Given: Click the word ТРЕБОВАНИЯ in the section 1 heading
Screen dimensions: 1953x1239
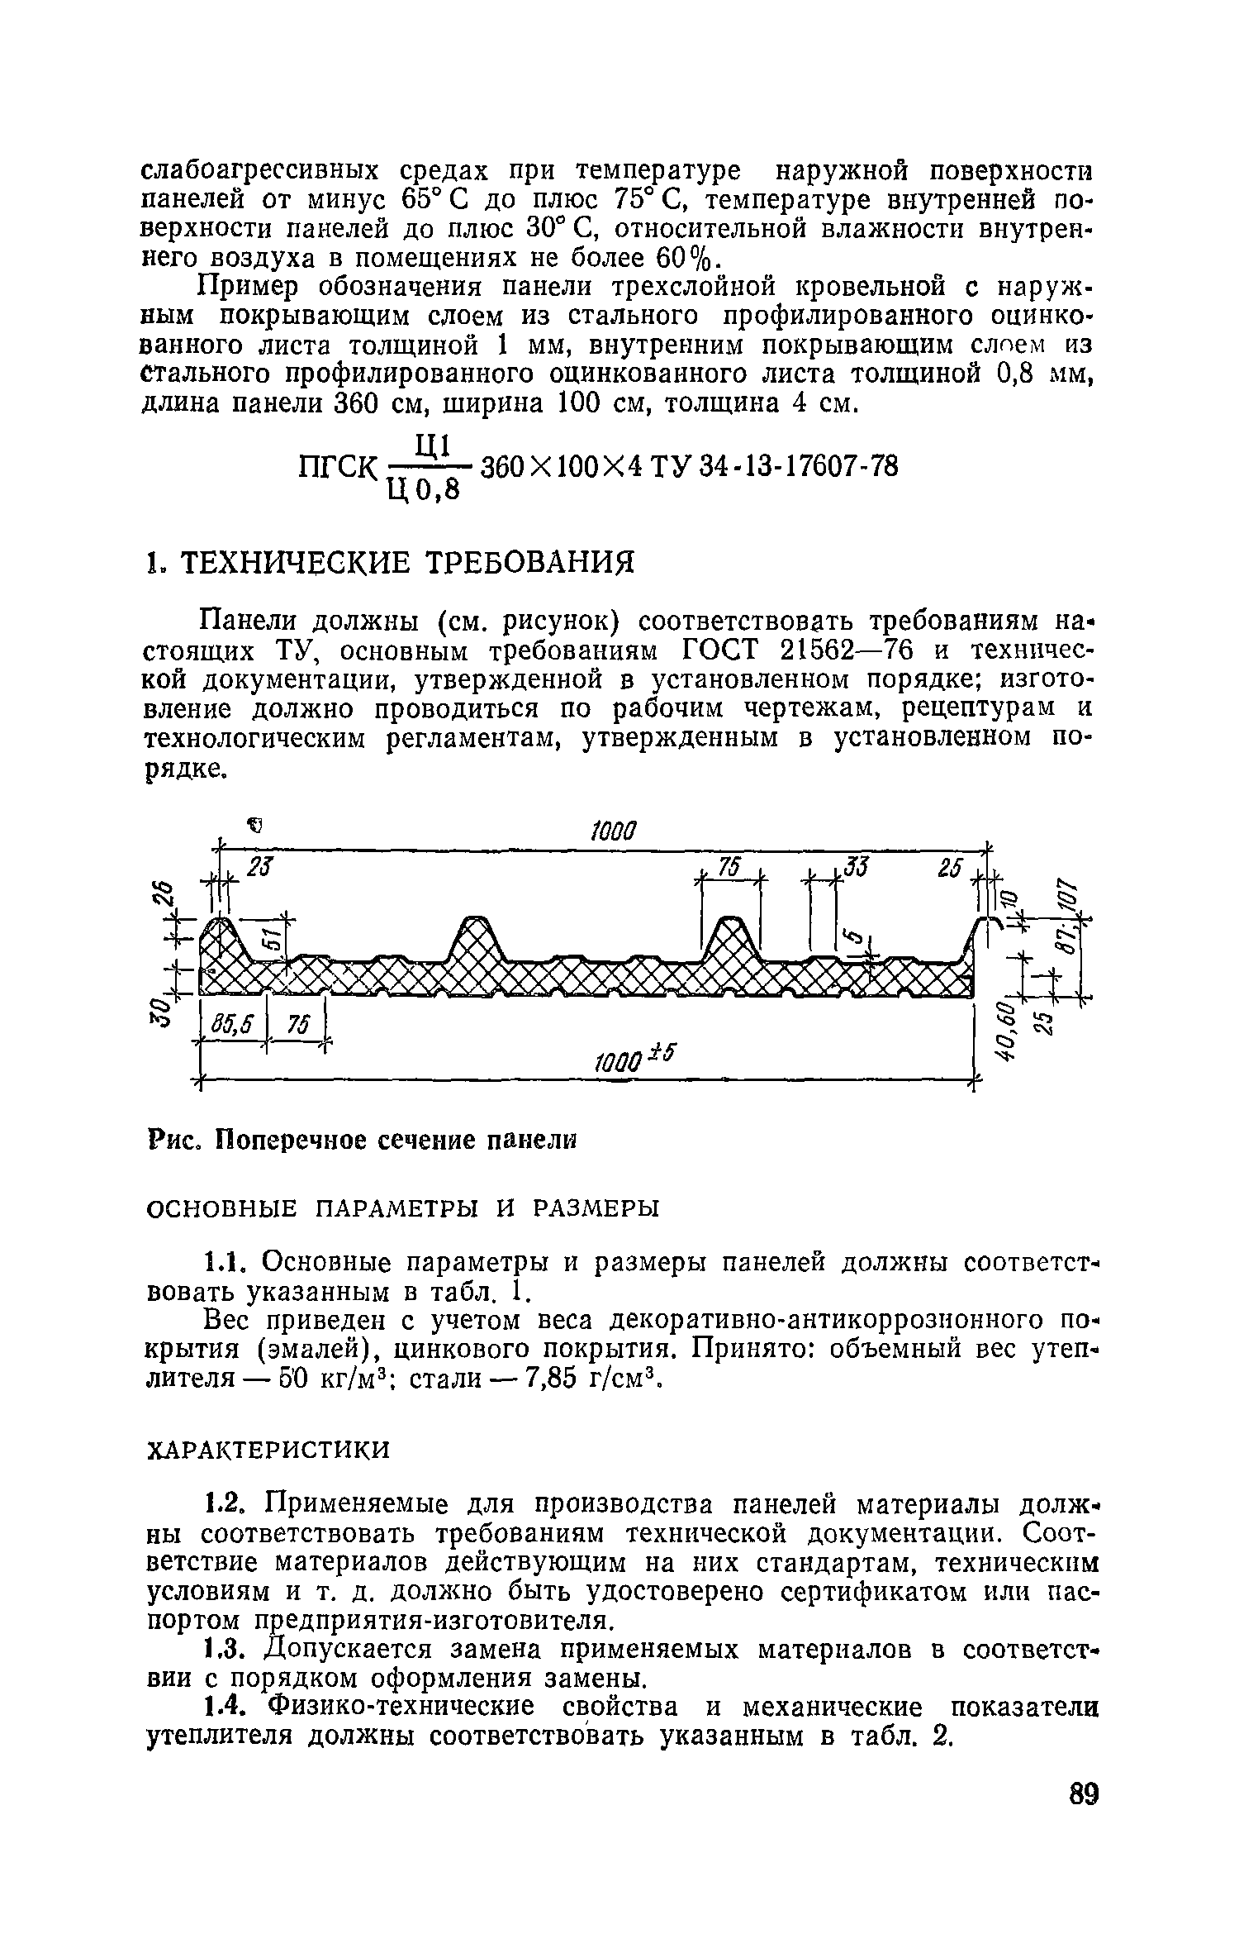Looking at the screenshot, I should click(531, 564).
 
